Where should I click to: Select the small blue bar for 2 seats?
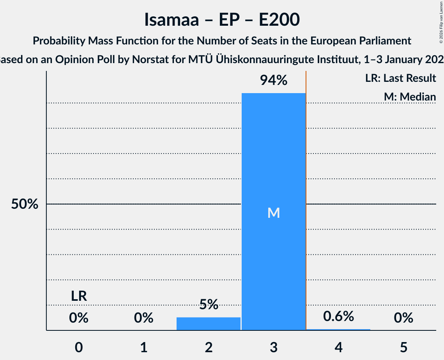pyautogui.click(x=209, y=324)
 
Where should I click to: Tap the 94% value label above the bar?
pyautogui.click(x=274, y=81)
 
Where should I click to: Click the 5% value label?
pyautogui.click(x=209, y=304)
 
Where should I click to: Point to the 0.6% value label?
pyautogui.click(x=338, y=316)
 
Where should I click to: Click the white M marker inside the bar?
pyautogui.click(x=274, y=213)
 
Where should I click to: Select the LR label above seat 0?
pyautogui.click(x=79, y=296)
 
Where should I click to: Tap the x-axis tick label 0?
pyautogui.click(x=79, y=347)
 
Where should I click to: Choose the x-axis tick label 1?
pyautogui.click(x=144, y=347)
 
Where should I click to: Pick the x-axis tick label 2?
pyautogui.click(x=209, y=347)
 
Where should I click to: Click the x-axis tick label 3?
pyautogui.click(x=274, y=347)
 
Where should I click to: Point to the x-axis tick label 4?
pyautogui.click(x=338, y=347)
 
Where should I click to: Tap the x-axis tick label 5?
pyautogui.click(x=403, y=347)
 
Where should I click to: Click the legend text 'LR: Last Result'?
pyautogui.click(x=400, y=78)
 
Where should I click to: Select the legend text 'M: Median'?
pyautogui.click(x=410, y=97)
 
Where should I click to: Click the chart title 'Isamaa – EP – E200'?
pyautogui.click(x=222, y=19)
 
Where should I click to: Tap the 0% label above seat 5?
pyautogui.click(x=403, y=318)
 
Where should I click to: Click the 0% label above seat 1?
pyautogui.click(x=144, y=318)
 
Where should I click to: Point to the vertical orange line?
pyautogui.click(x=306, y=156)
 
